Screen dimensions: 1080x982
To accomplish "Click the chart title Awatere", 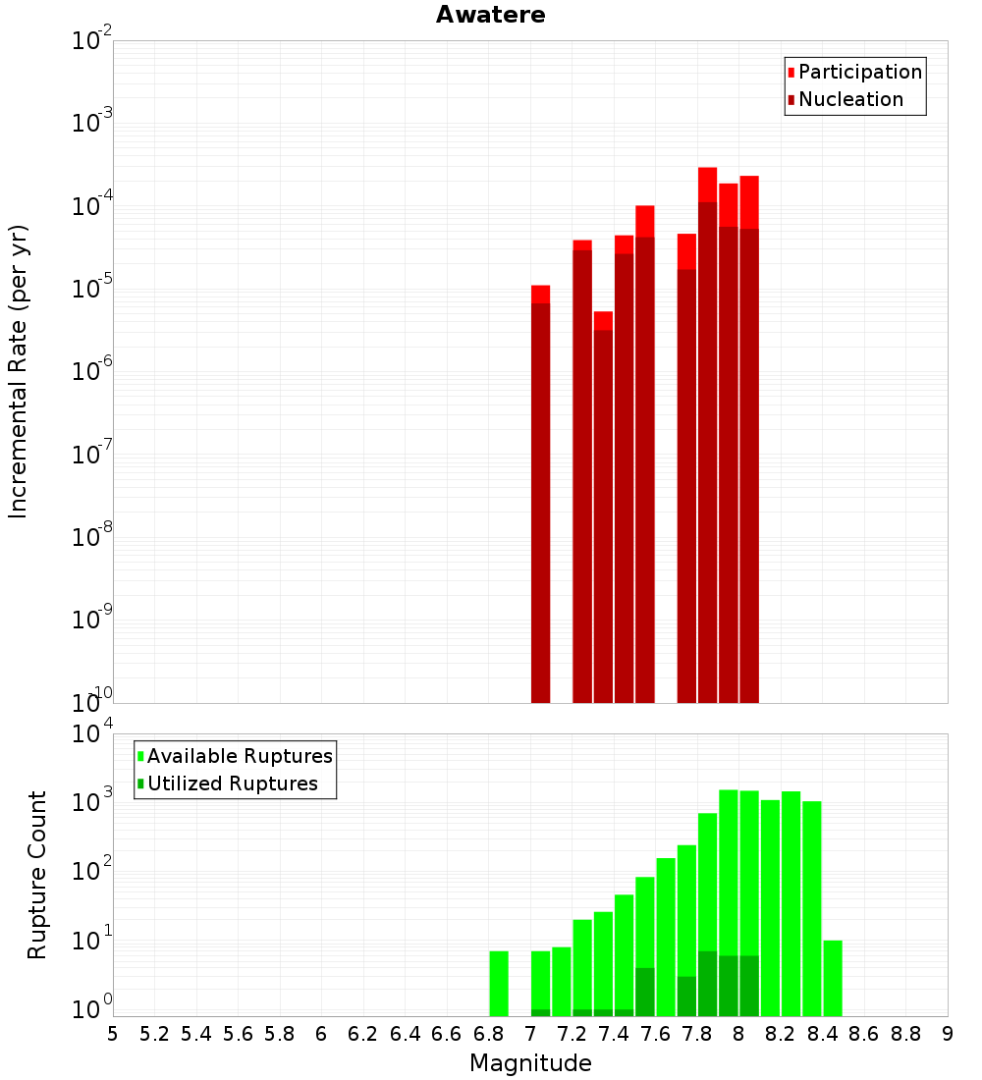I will click(x=490, y=15).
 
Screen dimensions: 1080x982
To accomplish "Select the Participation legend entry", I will click(x=860, y=72).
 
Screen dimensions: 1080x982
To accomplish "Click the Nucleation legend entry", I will click(x=850, y=99).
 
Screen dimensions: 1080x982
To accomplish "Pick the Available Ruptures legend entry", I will click(x=240, y=756).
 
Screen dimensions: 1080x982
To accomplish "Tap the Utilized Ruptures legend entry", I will click(x=232, y=783).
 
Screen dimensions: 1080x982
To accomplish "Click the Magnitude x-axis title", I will click(x=530, y=1063).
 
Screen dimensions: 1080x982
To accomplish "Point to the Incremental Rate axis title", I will click(x=19, y=371).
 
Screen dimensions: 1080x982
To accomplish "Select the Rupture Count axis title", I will click(x=37, y=875).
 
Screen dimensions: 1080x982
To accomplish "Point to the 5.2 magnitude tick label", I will click(x=155, y=1034).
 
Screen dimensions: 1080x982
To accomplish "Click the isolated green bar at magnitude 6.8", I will click(x=499, y=983).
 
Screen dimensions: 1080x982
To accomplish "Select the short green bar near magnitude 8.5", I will click(x=833, y=978).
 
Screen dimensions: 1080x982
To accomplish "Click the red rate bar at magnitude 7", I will click(x=540, y=491).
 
